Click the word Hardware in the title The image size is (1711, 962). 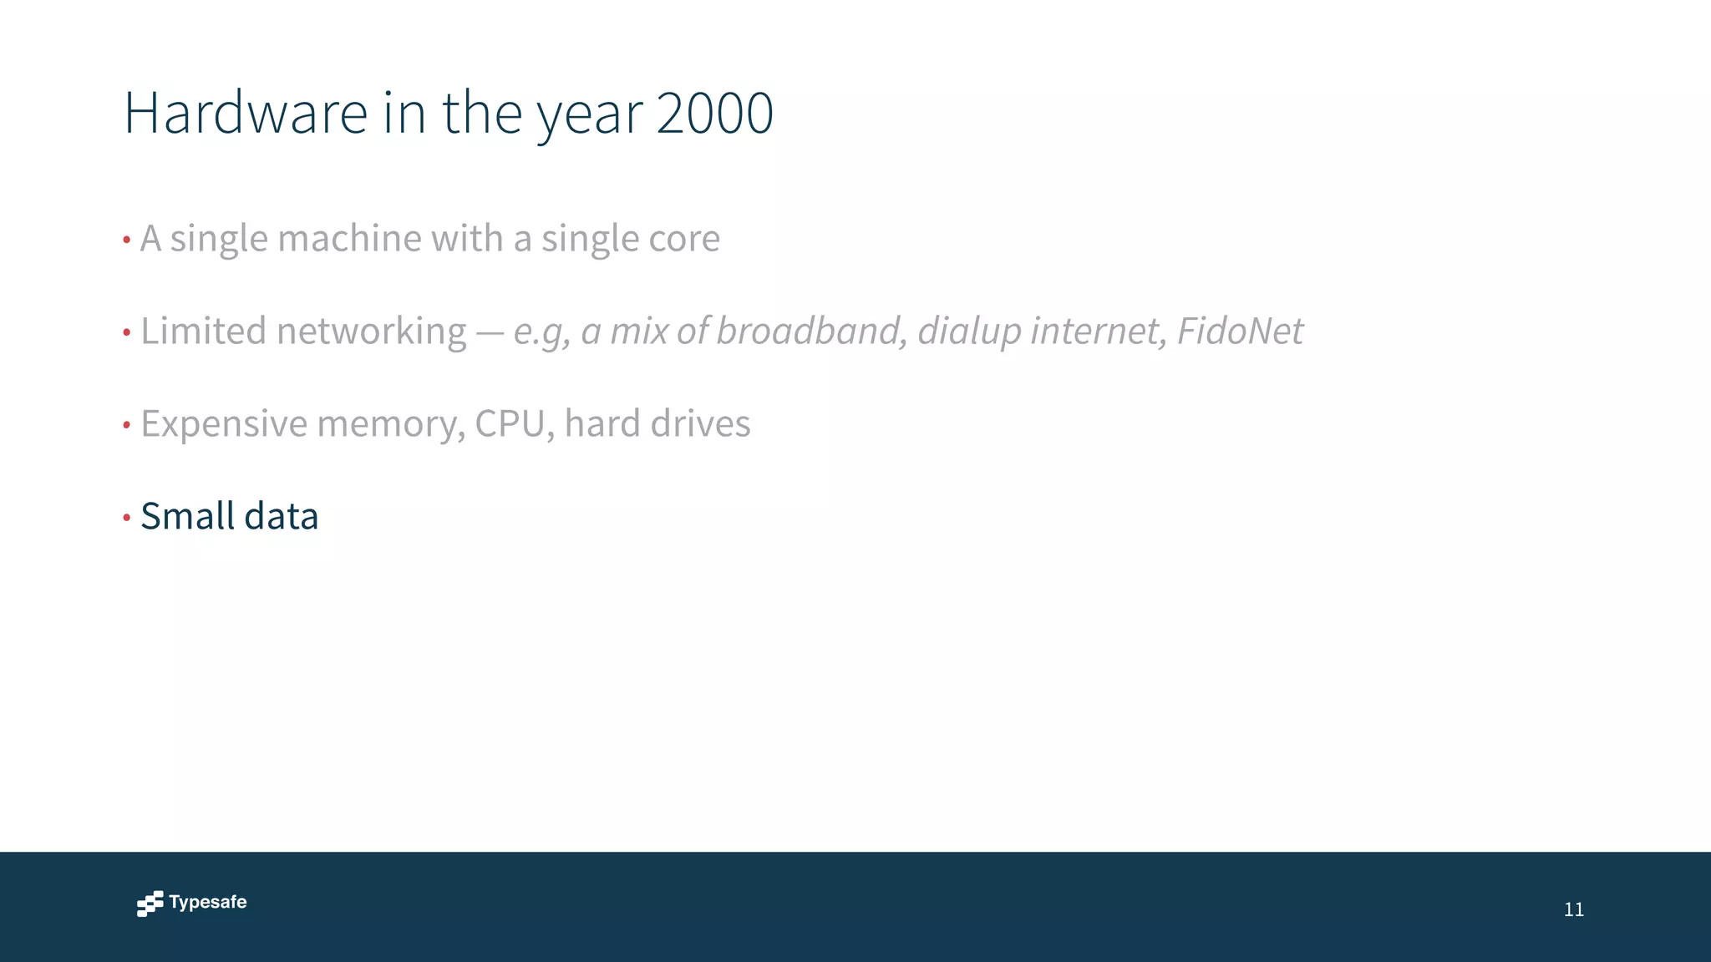246,113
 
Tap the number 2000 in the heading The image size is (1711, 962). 714,113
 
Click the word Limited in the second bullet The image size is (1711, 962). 203,331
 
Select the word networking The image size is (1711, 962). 371,332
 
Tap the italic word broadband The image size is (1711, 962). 811,331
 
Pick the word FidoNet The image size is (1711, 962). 1240,331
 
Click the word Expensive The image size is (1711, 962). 224,424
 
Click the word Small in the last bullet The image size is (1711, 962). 188,516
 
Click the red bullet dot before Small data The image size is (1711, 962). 127,518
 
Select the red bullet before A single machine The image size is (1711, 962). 127,240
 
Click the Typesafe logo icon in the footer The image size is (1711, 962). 150,904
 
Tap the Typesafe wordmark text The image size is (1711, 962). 208,902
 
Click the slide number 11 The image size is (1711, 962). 1573,909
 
